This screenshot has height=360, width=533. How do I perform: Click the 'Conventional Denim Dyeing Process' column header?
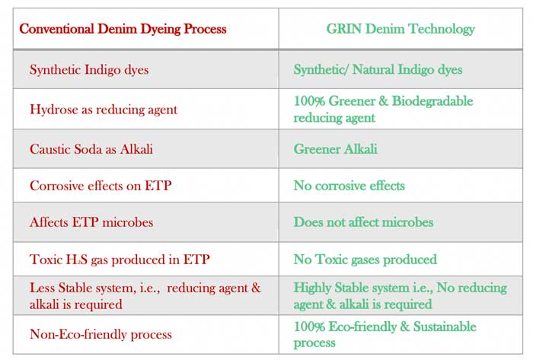123,29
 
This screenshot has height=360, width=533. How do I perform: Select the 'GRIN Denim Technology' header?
401,29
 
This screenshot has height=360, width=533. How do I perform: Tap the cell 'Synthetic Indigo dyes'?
89,69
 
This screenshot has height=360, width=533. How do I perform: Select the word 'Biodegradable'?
432,101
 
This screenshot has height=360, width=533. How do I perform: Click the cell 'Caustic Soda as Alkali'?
91,149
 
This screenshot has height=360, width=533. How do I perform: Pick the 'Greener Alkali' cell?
336,148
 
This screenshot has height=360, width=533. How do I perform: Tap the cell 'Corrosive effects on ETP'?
101,186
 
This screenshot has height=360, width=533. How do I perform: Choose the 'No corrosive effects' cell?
349,186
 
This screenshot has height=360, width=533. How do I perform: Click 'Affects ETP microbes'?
91,222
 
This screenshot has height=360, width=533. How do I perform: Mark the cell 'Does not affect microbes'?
363,222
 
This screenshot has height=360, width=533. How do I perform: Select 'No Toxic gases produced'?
365,260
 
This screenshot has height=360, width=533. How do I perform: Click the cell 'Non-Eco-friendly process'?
101,334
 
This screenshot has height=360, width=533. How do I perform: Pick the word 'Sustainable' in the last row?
445,327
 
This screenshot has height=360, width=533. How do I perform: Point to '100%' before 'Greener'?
310,101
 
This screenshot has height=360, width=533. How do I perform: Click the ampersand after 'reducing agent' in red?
256,288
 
